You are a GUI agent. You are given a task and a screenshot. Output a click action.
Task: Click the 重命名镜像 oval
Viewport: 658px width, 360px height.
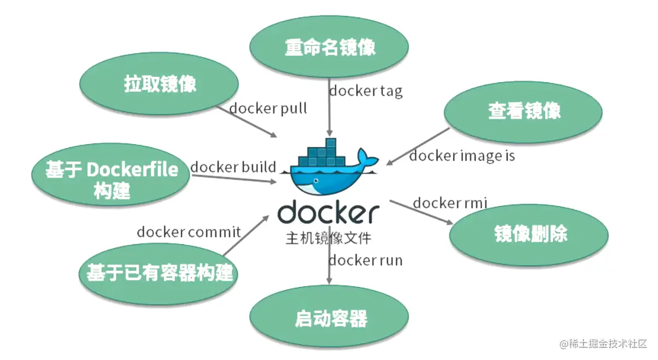330,48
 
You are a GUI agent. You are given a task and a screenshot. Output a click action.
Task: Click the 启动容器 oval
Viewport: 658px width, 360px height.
330,318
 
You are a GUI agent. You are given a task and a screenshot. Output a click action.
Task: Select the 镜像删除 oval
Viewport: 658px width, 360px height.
530,235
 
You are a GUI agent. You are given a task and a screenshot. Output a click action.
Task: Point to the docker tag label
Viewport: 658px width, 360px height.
365,90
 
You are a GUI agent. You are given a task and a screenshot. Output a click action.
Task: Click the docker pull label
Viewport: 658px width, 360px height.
268,108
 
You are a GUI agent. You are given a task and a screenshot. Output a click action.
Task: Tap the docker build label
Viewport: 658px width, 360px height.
233,167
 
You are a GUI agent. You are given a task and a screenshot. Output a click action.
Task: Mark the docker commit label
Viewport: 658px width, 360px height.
188,232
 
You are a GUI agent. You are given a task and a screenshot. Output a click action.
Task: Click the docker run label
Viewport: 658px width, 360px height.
365,260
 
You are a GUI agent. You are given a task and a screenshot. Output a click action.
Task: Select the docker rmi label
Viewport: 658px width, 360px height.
450,203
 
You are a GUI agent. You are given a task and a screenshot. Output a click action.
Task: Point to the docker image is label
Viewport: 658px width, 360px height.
462,156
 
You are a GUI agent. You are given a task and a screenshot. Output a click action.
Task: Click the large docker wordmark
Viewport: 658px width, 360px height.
328,213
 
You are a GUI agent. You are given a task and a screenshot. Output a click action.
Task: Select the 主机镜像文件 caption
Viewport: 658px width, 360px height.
328,239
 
